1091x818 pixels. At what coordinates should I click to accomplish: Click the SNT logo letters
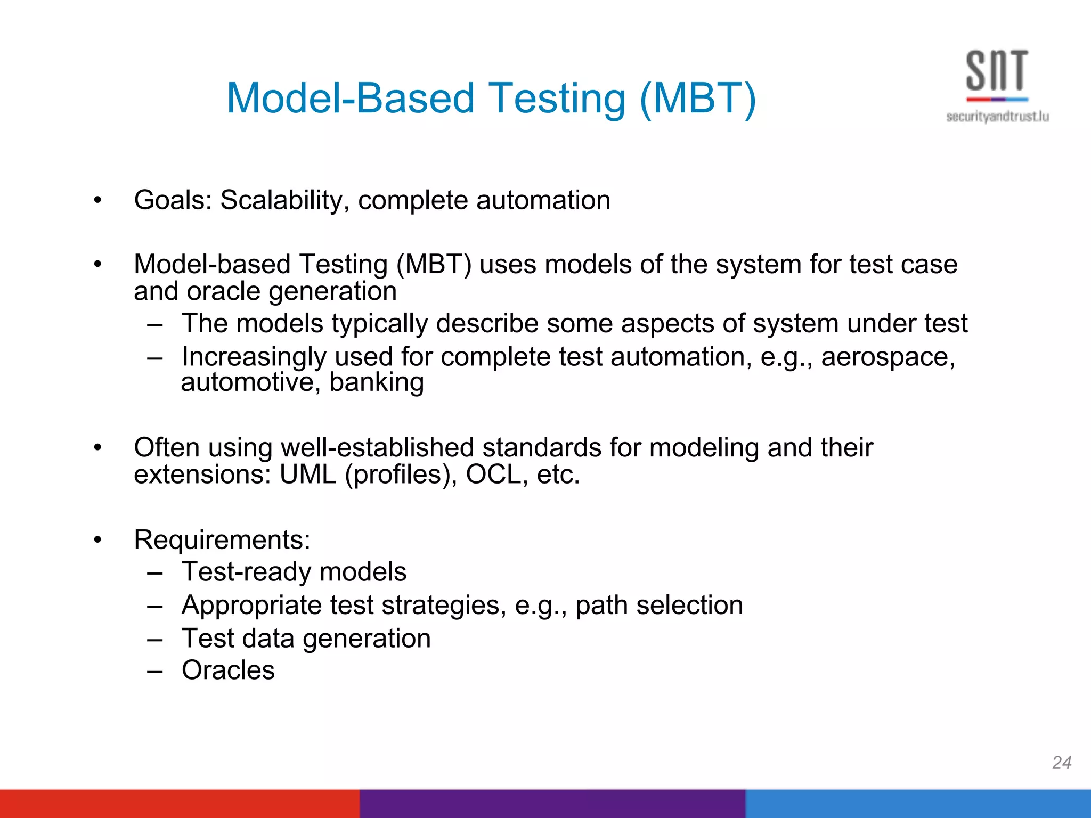click(x=997, y=71)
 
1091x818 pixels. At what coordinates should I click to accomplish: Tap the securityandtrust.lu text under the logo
click(x=997, y=117)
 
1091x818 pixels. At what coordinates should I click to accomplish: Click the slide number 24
click(x=1062, y=763)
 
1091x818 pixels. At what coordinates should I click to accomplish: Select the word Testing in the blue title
click(x=557, y=99)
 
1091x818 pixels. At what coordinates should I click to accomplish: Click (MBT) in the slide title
click(x=698, y=99)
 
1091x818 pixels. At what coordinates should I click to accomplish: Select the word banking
click(x=377, y=382)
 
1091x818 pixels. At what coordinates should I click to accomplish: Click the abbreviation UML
click(x=308, y=475)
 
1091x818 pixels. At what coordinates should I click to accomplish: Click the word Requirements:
click(x=222, y=540)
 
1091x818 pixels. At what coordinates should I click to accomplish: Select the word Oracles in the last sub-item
click(x=228, y=670)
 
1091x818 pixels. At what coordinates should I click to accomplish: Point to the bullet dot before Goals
click(x=97, y=201)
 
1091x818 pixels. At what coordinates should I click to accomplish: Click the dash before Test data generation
click(x=154, y=639)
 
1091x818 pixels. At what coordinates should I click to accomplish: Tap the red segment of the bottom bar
click(x=180, y=804)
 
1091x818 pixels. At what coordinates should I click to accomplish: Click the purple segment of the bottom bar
click(x=552, y=804)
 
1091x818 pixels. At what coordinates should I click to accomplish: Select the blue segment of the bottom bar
click(x=917, y=804)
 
